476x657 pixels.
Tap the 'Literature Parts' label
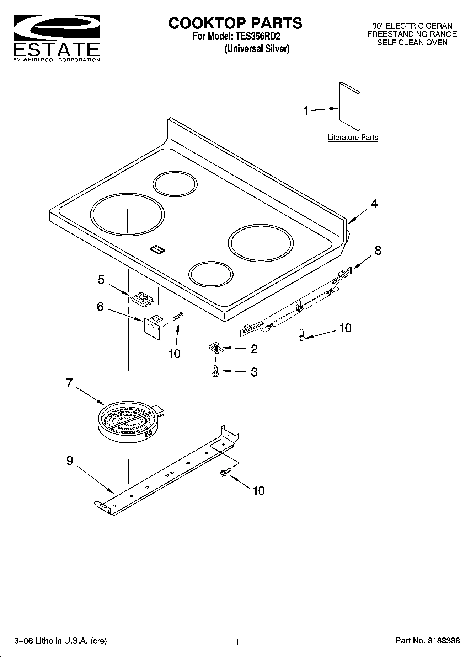coord(352,138)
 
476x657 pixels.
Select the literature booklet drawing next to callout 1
coord(349,107)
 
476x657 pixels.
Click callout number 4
coord(374,204)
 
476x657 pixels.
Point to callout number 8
coord(378,251)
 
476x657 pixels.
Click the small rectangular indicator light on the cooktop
coord(157,249)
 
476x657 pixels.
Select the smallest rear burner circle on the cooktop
coord(175,184)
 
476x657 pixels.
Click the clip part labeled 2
coord(215,347)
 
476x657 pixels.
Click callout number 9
coord(70,461)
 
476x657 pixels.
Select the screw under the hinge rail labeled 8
coord(301,335)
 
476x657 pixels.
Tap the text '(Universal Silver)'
coord(257,49)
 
